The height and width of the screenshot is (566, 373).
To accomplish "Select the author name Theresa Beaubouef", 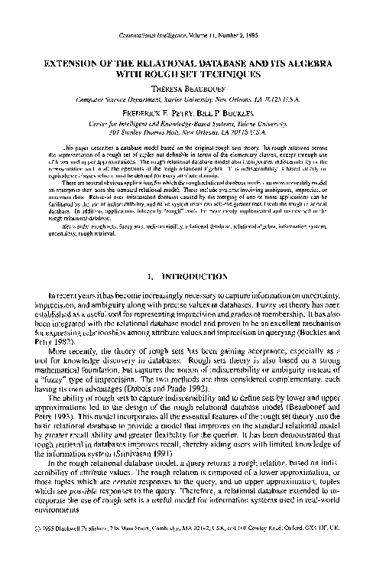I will [186, 89].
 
